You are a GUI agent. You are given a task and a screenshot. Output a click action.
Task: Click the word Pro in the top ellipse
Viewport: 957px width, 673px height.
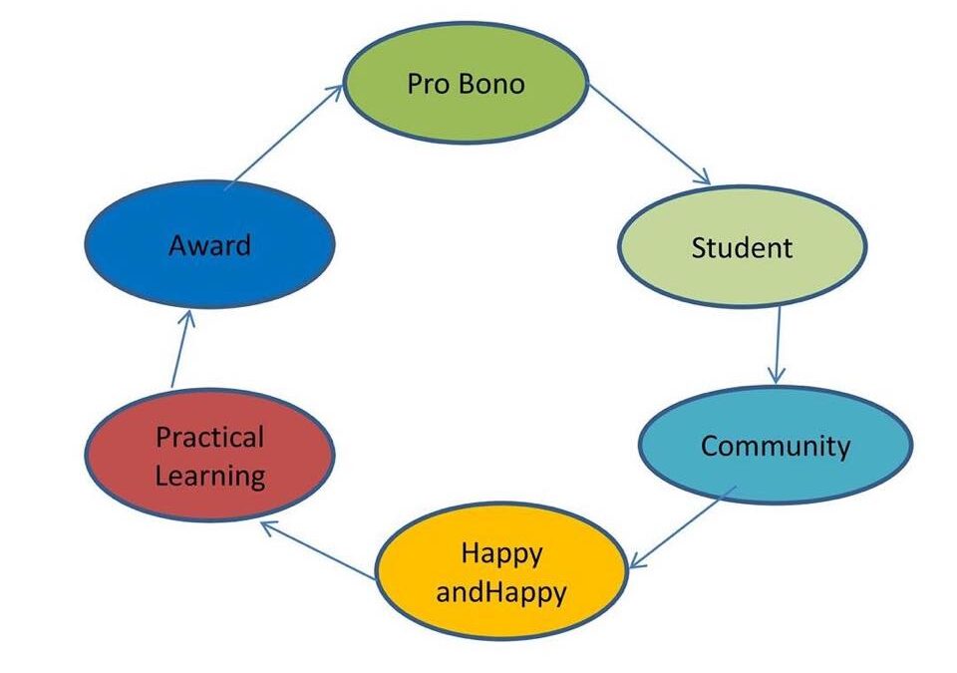pos(429,84)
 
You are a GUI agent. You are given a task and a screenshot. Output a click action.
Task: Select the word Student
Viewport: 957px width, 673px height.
pos(742,247)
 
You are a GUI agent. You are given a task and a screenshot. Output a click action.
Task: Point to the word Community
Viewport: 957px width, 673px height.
pos(776,447)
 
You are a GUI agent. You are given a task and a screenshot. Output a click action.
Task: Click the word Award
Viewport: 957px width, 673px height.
pos(210,245)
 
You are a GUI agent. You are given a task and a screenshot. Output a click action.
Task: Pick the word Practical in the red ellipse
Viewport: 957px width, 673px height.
pos(210,438)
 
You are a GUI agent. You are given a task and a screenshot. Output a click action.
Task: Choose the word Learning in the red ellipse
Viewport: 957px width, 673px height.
pos(210,477)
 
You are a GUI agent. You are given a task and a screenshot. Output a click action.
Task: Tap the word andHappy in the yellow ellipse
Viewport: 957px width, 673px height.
pos(501,592)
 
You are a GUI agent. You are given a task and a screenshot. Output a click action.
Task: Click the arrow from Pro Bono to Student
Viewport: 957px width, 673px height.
pos(649,135)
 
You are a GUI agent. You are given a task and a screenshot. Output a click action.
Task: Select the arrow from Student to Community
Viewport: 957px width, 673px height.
pos(777,345)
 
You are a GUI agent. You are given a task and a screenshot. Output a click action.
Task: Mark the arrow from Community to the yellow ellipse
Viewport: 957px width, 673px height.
pos(682,527)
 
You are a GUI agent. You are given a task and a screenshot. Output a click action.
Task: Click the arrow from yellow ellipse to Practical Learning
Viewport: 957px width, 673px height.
pos(317,549)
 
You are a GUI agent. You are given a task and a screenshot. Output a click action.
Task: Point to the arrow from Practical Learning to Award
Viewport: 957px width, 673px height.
pos(181,349)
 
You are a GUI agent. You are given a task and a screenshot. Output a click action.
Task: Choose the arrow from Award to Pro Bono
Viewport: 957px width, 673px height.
pos(284,137)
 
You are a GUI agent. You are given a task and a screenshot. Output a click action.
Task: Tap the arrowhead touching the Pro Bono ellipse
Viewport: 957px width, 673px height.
pos(335,93)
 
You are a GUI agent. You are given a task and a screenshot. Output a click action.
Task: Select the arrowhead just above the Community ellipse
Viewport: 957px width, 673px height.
pos(777,375)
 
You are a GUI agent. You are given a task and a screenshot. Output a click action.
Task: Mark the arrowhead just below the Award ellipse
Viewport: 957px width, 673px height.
pos(188,318)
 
